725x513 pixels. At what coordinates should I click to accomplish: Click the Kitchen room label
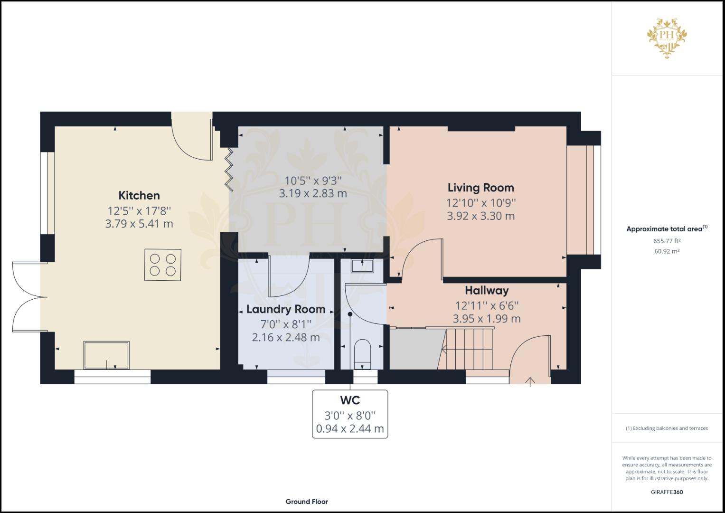pos(139,195)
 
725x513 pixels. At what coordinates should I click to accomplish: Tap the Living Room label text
pos(480,188)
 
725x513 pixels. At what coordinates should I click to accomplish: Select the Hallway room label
pos(486,290)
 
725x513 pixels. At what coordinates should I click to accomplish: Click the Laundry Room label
pos(285,309)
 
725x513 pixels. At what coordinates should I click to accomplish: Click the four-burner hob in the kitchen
pos(162,265)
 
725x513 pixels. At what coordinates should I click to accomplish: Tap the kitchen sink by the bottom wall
pos(106,355)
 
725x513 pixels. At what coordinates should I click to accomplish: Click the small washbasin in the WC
pos(362,265)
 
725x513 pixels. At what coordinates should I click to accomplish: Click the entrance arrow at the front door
pos(530,381)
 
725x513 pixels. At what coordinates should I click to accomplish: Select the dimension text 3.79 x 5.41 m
pos(139,224)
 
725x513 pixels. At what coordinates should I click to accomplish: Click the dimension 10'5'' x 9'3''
pos(313,180)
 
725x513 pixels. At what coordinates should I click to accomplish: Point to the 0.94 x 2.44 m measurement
pos(350,429)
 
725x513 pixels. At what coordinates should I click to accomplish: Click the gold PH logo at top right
pos(667,38)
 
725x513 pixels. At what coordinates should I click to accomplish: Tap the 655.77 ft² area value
pos(667,241)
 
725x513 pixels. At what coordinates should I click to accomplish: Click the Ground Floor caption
pos(307,502)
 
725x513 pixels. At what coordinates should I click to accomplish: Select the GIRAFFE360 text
pos(667,492)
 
